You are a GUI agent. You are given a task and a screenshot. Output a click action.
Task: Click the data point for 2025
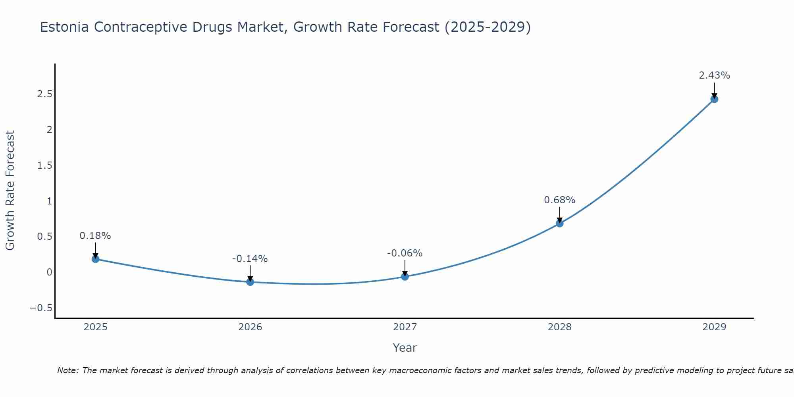coord(95,259)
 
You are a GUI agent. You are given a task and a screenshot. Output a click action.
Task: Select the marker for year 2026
coord(250,282)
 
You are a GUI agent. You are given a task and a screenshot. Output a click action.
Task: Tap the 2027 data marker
coord(405,276)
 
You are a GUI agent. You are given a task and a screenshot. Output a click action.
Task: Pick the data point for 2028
coord(559,224)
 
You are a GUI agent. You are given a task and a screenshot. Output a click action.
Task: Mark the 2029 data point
coord(714,99)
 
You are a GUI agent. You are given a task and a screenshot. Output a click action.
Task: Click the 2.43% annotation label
coord(714,75)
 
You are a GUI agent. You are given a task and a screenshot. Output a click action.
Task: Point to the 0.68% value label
coord(559,200)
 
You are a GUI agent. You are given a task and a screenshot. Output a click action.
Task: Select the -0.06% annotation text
coord(405,253)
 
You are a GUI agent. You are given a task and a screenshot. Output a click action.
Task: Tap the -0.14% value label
coord(250,259)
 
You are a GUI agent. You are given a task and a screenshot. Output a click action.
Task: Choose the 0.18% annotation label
coord(95,236)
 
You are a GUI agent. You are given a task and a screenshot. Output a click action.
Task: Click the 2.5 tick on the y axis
coord(44,94)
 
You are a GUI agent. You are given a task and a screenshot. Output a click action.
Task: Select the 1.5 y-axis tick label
coord(44,166)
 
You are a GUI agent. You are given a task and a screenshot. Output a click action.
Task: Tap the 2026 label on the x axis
coord(250,327)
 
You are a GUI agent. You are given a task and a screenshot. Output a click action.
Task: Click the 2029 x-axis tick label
coord(714,327)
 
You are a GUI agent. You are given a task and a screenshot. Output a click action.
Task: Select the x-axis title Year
coord(405,348)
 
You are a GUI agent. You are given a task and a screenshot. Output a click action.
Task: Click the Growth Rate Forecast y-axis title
coord(10,191)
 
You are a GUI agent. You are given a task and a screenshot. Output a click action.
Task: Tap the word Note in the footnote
coord(67,370)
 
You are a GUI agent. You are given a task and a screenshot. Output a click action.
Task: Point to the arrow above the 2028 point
coord(559,214)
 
